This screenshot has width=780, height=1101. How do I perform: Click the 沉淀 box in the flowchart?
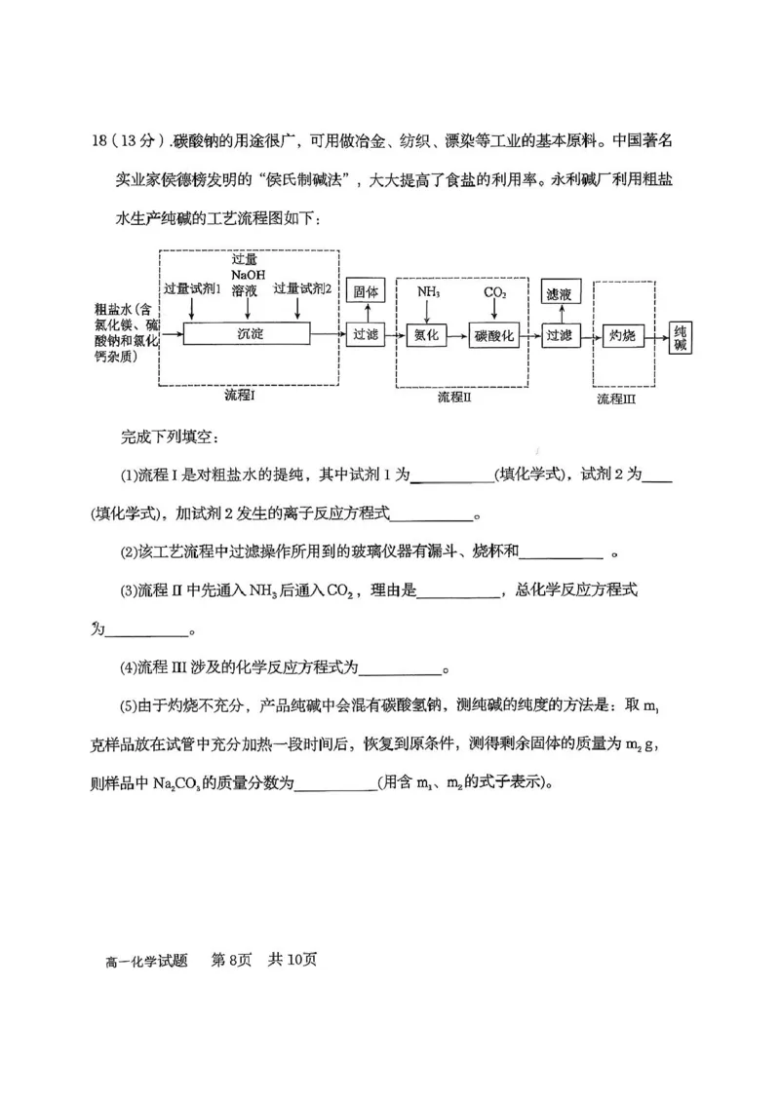coord(251,333)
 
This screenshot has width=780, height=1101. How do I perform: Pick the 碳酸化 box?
coord(494,334)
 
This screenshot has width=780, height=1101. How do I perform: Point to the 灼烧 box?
coord(622,335)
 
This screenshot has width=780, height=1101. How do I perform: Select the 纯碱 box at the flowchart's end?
coord(681,339)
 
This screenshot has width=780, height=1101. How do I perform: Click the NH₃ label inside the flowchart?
coord(428,291)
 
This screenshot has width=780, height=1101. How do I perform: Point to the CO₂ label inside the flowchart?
coord(495,291)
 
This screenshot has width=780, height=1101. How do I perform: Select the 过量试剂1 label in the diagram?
coord(192,288)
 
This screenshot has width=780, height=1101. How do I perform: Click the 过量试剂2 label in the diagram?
coord(302,288)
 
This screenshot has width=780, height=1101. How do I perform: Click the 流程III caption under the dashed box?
coord(616,399)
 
